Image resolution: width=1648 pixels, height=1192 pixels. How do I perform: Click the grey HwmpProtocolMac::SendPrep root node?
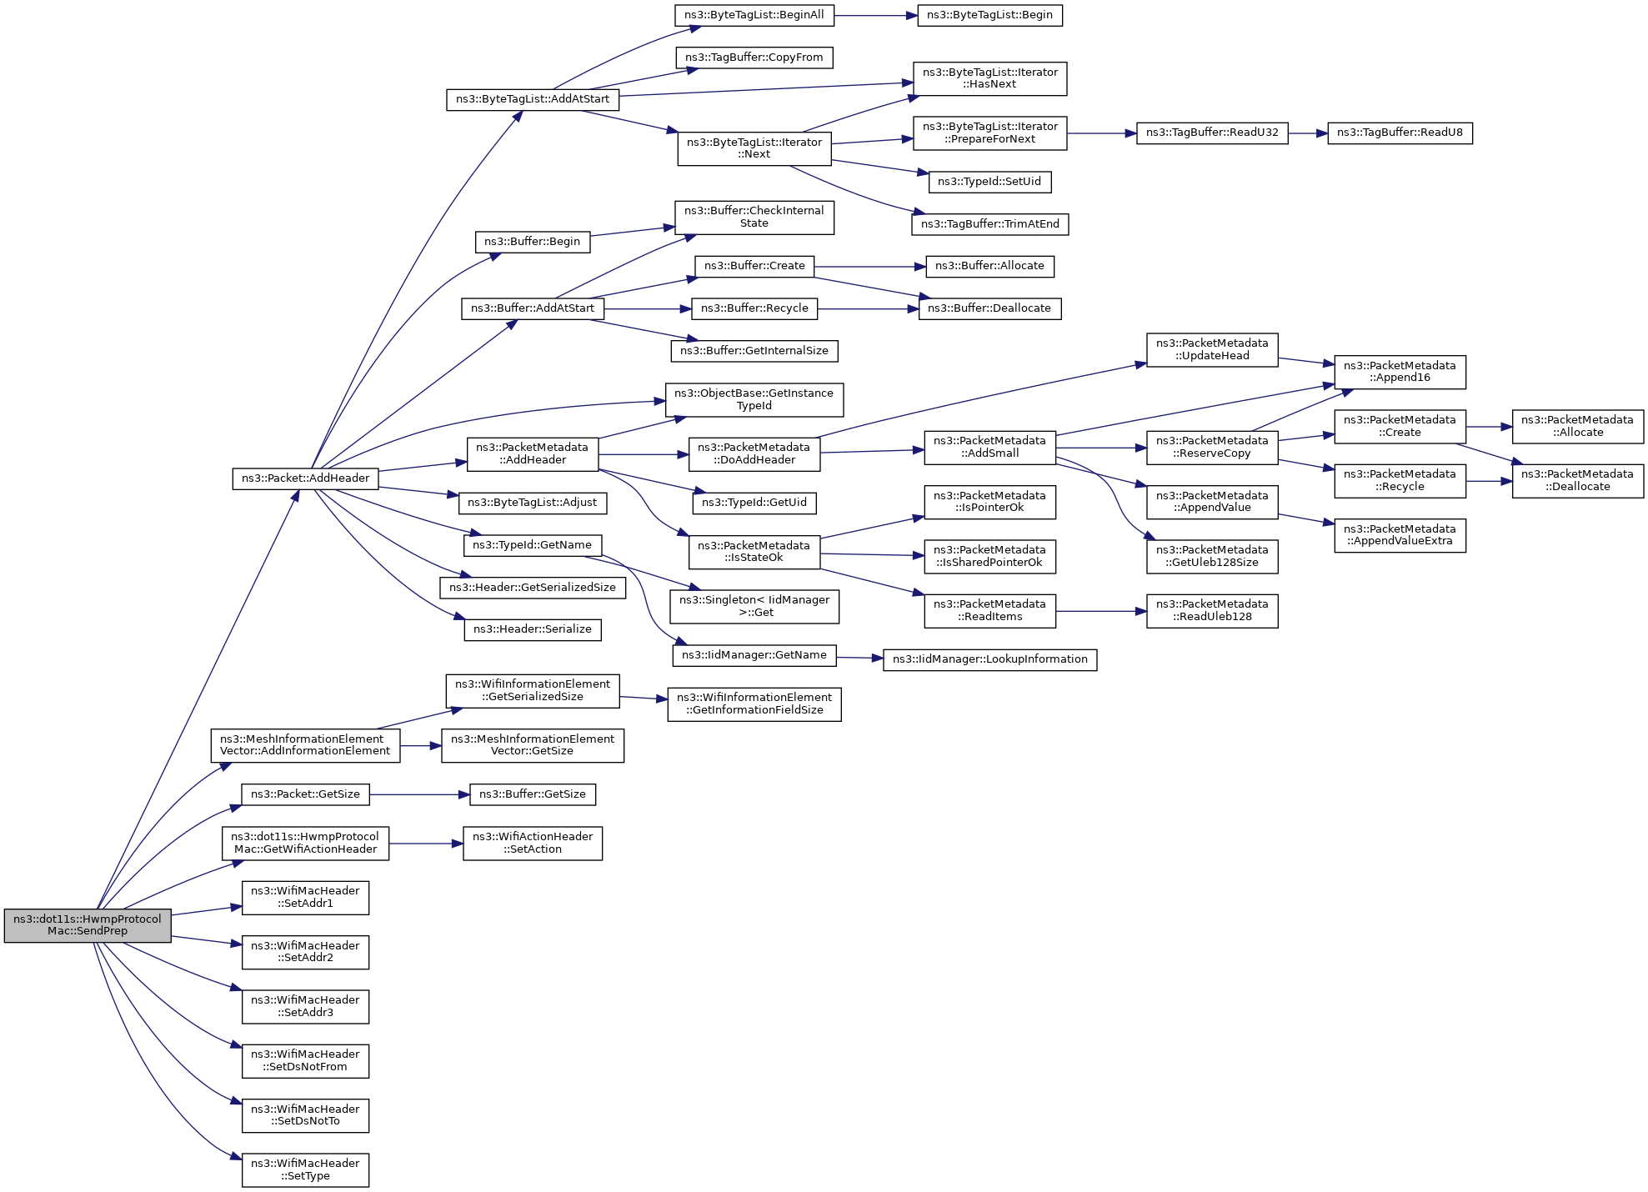[88, 925]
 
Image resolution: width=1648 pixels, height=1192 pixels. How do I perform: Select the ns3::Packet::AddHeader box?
[305, 478]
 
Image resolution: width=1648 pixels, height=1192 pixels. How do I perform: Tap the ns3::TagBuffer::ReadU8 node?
[1400, 133]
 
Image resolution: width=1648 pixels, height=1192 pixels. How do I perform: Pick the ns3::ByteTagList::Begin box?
[989, 15]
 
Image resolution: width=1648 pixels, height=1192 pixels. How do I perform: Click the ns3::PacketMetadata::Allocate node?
[1577, 426]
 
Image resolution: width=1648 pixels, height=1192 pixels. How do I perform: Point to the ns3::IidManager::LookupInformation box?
[989, 659]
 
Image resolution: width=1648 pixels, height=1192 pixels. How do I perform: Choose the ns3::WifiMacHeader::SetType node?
[305, 1169]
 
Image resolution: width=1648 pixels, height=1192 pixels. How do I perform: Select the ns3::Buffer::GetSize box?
[532, 794]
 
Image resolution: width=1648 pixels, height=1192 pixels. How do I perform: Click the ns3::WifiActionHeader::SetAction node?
[532, 843]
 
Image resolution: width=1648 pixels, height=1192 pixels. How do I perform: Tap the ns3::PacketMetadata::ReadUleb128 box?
[1211, 610]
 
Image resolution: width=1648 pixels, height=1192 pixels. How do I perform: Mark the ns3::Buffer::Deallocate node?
[989, 308]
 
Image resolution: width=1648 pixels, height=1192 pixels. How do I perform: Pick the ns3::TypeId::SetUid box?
[989, 182]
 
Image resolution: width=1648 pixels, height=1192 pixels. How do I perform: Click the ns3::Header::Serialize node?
[532, 629]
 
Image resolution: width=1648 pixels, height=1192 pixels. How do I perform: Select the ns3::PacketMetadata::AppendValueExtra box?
[1400, 535]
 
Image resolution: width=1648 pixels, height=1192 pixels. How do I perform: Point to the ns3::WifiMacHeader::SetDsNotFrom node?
[305, 1060]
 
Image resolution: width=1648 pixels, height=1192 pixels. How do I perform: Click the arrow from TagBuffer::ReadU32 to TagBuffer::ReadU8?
[1308, 133]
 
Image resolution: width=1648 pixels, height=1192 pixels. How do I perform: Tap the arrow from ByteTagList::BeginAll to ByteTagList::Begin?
[875, 15]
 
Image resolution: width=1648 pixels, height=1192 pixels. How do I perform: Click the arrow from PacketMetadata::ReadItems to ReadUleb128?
[1101, 611]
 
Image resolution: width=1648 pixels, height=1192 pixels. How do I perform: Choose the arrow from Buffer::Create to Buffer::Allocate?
[869, 267]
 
